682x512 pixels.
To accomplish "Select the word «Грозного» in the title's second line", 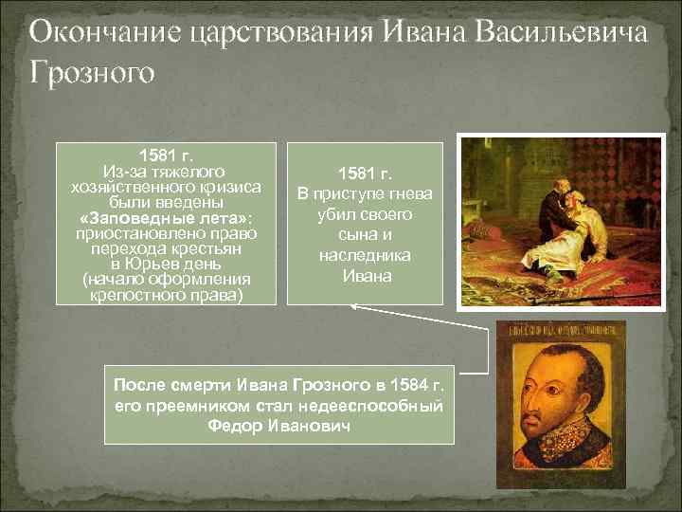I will pos(90,72).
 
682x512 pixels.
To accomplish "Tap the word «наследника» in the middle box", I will pos(365,256).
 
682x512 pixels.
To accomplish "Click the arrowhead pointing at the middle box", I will pos(354,306).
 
